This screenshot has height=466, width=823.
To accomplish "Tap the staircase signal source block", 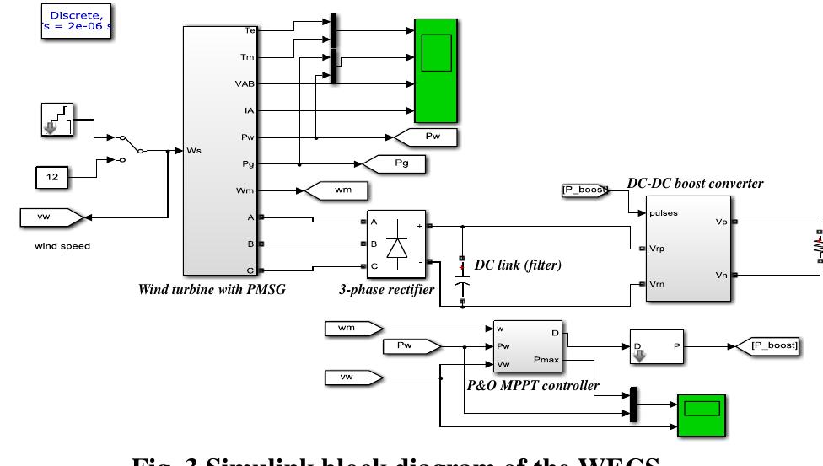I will (x=56, y=120).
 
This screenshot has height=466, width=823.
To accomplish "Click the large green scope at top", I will (x=436, y=70).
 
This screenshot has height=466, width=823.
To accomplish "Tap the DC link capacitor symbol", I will (x=461, y=269).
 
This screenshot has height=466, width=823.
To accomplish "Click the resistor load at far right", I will (x=816, y=245).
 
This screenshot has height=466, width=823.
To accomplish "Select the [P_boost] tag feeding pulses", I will (x=584, y=190).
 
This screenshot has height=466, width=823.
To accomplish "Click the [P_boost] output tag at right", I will (x=767, y=345).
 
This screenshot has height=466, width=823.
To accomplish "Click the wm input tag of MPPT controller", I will (x=352, y=327).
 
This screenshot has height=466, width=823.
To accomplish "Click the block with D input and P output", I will (x=655, y=345).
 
